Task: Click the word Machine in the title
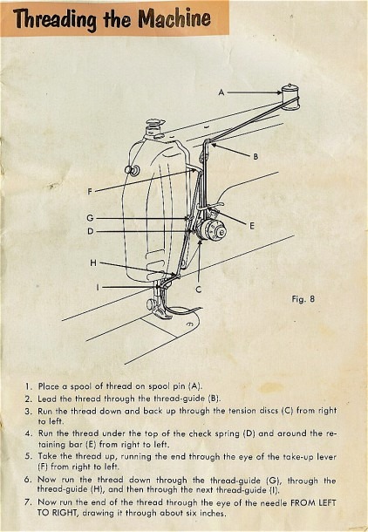174,18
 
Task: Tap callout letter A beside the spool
221,92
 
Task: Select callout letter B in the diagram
256,156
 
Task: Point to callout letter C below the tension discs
199,290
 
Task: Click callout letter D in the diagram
90,231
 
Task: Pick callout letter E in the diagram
252,226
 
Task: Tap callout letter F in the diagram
90,192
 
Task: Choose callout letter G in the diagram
90,217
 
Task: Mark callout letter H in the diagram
93,263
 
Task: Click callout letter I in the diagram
98,288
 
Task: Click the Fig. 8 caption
303,299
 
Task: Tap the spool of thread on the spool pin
290,97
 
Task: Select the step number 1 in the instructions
28,386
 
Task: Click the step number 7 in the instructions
28,502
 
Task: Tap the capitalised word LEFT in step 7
325,502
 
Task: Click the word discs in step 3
269,411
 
